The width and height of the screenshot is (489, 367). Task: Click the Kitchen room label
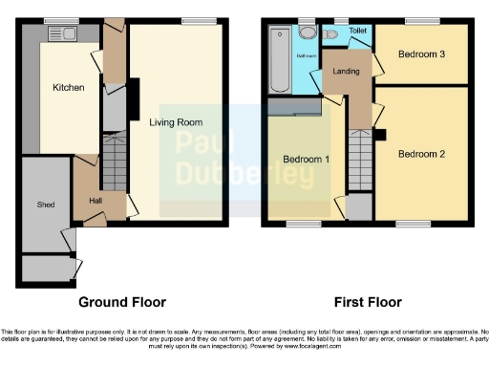click(69, 88)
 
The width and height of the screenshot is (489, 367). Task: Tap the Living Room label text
click(176, 122)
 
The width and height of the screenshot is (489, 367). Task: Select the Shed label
click(45, 205)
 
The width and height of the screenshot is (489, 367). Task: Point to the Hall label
click(96, 201)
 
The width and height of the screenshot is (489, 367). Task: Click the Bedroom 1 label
click(306, 159)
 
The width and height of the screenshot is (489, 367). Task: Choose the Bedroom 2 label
click(422, 154)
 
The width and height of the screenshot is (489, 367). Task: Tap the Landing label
click(346, 72)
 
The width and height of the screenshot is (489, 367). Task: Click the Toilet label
click(357, 31)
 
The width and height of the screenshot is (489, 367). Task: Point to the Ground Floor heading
click(122, 302)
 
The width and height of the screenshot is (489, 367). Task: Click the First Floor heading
click(368, 302)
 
